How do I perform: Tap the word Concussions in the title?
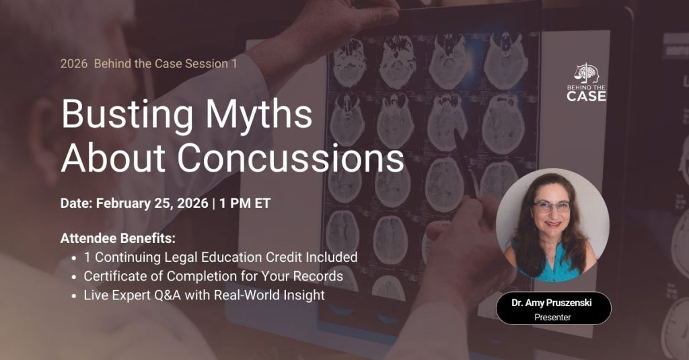point(291,158)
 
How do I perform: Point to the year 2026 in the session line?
point(73,64)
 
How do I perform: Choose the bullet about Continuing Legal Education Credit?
point(220,257)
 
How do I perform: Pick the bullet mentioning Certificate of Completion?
point(213,276)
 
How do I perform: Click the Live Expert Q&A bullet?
point(204,295)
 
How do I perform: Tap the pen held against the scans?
point(467,161)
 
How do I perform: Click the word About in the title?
point(114,158)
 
